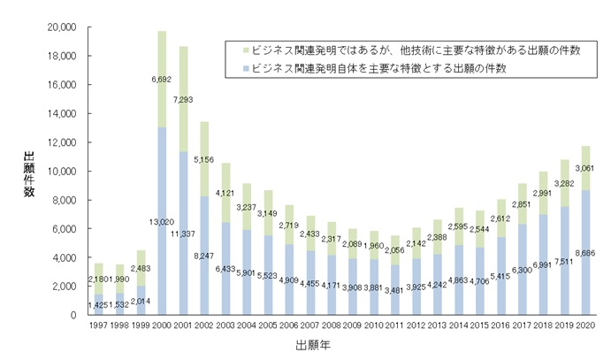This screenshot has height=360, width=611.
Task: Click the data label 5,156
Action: (x=204, y=159)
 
